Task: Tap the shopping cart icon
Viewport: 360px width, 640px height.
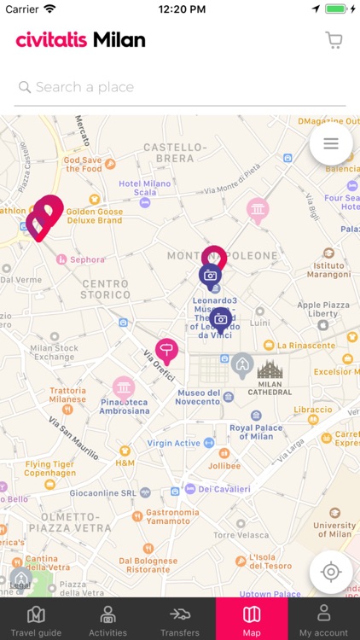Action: coord(334,40)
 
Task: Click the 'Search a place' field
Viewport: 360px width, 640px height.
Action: coord(179,87)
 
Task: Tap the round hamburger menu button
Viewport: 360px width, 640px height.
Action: coord(331,144)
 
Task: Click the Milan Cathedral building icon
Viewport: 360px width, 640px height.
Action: coord(270,369)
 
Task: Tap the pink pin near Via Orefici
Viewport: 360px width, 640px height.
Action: coord(166,350)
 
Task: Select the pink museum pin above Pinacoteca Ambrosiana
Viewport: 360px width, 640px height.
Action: coord(124,388)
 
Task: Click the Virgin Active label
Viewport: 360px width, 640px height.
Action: coord(173,443)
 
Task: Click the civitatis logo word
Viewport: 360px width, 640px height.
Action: coord(51,40)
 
